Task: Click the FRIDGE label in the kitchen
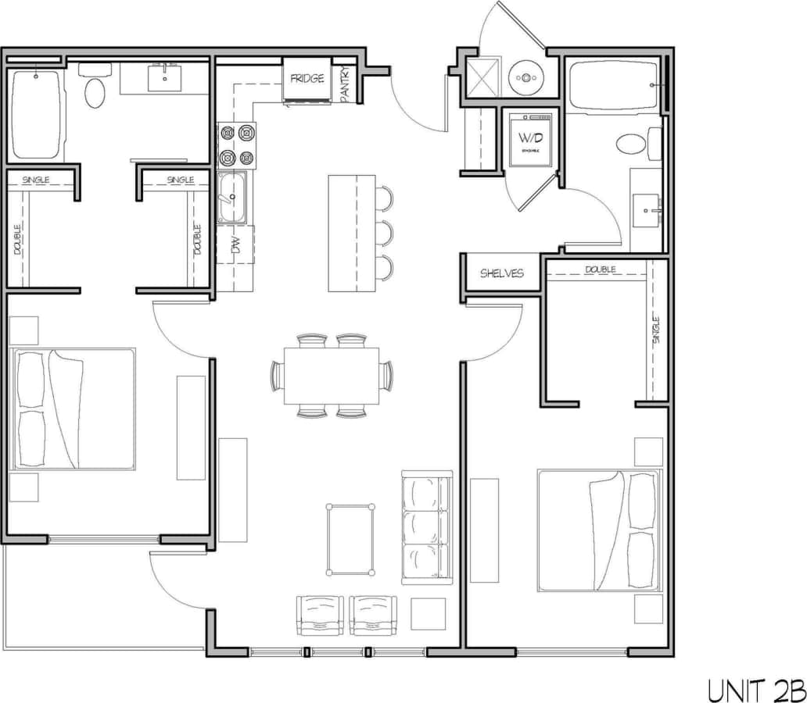tap(307, 79)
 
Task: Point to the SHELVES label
tap(501, 273)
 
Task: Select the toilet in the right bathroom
tap(630, 144)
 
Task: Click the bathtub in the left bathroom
tap(35, 114)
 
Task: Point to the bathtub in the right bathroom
tap(613, 85)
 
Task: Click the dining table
tap(332, 375)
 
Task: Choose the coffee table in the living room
tap(350, 540)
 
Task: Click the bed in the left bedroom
tap(74, 409)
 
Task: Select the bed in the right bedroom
tap(598, 530)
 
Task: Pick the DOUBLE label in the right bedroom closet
tap(600, 270)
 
